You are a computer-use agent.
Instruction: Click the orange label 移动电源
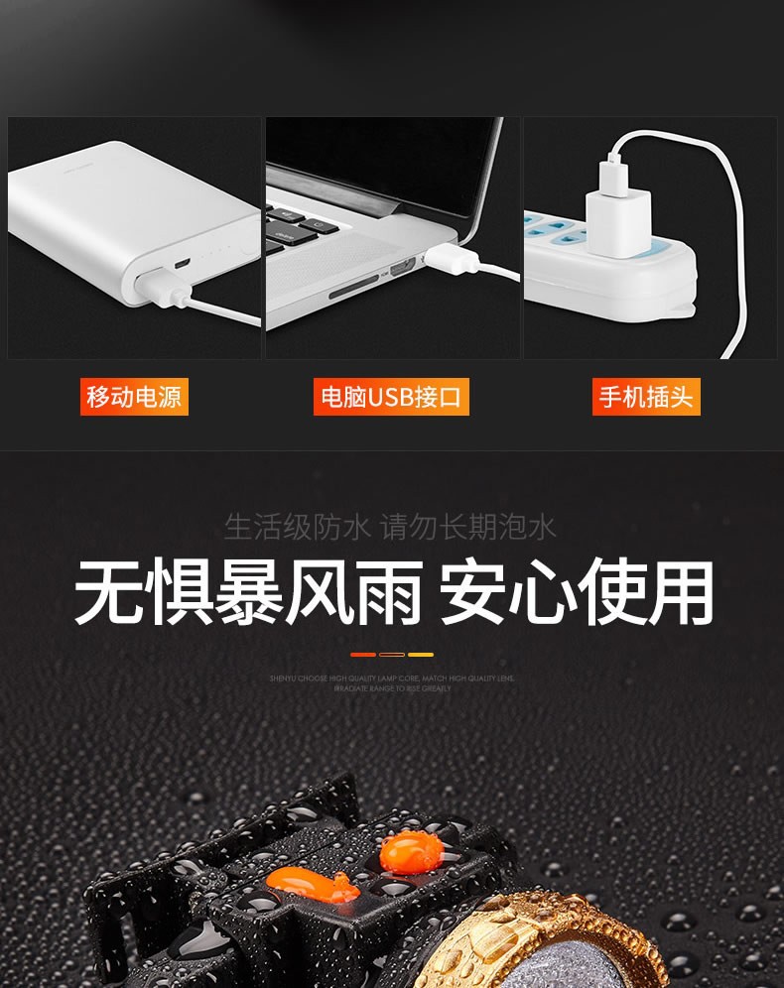[x=134, y=397]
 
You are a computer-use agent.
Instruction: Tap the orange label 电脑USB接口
[x=391, y=397]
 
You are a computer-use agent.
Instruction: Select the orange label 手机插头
[x=646, y=397]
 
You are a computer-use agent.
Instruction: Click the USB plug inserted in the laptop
[x=452, y=260]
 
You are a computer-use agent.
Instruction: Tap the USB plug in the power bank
[x=159, y=288]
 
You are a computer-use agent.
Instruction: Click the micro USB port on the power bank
[x=182, y=265]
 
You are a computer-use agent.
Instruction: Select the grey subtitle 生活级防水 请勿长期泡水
[x=390, y=526]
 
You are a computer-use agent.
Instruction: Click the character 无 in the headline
[x=109, y=593]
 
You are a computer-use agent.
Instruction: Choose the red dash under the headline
[x=363, y=655]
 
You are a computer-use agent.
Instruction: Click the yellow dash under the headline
[x=421, y=655]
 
